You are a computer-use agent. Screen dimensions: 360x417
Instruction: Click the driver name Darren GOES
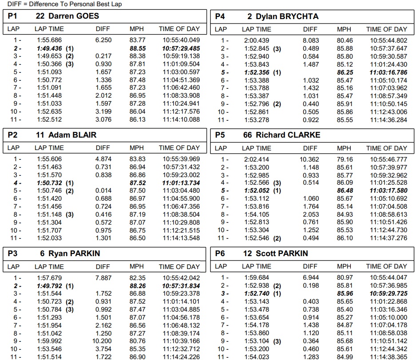(74, 16)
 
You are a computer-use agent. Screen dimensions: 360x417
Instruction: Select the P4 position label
(220, 16)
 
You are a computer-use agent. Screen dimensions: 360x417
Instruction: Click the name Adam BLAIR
(72, 135)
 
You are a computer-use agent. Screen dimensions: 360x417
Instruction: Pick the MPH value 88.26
(138, 286)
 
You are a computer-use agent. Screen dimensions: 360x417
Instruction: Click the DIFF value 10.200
(103, 342)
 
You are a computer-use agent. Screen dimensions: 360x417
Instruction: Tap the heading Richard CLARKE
(288, 135)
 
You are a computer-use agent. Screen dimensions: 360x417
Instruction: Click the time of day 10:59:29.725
(388, 294)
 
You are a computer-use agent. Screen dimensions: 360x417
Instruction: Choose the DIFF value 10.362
(310, 159)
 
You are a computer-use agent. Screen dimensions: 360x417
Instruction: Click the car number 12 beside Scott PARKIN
(248, 253)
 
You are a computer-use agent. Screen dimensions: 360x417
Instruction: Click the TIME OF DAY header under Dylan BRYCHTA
(386, 29)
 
